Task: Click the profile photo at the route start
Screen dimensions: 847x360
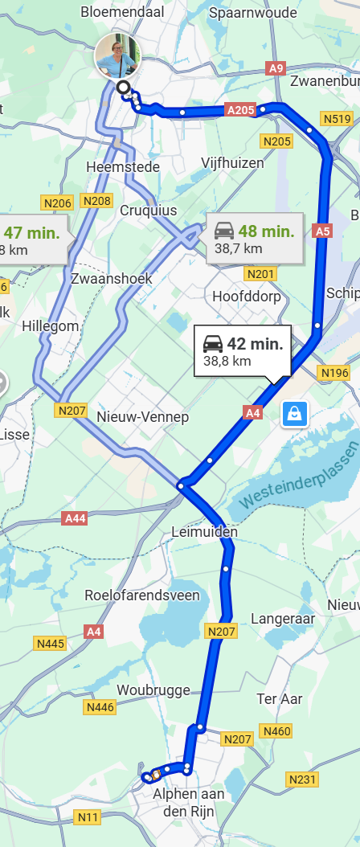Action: pyautogui.click(x=117, y=55)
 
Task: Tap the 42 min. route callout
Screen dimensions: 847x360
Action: pyautogui.click(x=242, y=352)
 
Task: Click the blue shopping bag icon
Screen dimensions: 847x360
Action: pyautogui.click(x=294, y=414)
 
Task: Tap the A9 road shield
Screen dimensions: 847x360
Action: pyautogui.click(x=276, y=68)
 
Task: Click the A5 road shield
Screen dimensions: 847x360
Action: pyautogui.click(x=322, y=231)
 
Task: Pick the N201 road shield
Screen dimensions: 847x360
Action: pyautogui.click(x=260, y=275)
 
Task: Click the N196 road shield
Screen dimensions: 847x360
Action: pyautogui.click(x=334, y=373)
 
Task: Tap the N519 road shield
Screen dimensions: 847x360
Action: pyautogui.click(x=337, y=120)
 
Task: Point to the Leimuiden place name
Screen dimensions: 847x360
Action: pyautogui.click(x=205, y=532)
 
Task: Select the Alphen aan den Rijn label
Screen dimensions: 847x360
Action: pyautogui.click(x=189, y=802)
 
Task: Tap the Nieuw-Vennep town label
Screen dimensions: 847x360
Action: pyautogui.click(x=142, y=417)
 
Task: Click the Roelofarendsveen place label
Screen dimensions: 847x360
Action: pyautogui.click(x=143, y=595)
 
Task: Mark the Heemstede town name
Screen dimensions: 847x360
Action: pyautogui.click(x=123, y=166)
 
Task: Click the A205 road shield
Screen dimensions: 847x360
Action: pyautogui.click(x=240, y=110)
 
